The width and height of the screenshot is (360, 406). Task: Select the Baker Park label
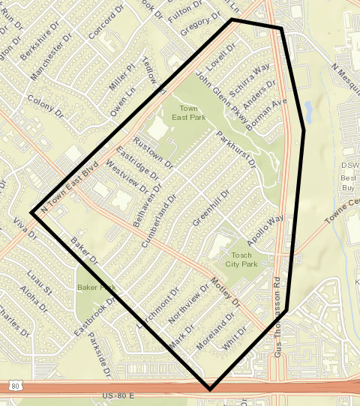(96, 288)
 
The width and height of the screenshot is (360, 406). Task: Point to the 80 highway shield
(16, 386)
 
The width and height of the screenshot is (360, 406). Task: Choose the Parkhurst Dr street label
(235, 150)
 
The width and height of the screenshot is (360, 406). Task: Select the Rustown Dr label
(153, 153)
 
